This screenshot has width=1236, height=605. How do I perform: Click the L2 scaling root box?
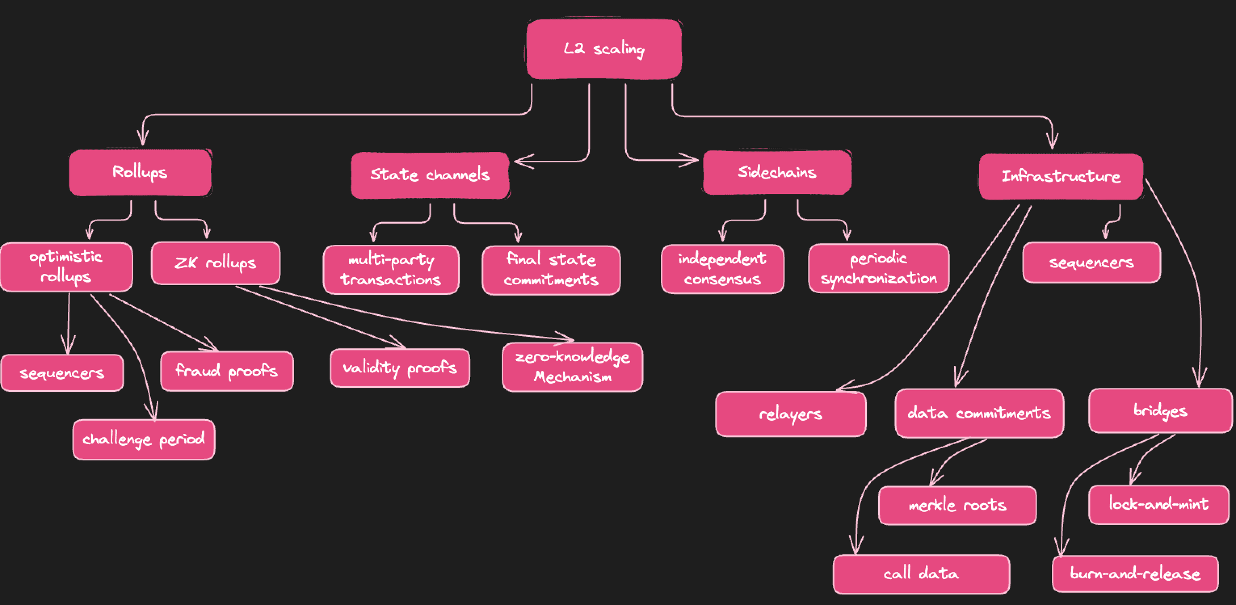click(603, 49)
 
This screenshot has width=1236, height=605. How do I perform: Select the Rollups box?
click(140, 172)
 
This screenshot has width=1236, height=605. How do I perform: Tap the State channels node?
click(430, 174)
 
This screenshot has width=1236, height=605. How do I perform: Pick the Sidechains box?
click(777, 172)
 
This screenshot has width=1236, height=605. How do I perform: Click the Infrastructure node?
click(1060, 176)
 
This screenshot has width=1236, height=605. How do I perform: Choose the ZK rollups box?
click(215, 263)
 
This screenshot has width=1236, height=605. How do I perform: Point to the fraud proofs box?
click(227, 371)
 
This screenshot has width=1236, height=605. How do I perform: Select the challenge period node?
click(143, 439)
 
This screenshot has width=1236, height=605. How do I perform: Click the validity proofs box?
click(400, 368)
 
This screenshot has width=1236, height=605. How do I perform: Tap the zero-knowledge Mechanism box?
click(572, 367)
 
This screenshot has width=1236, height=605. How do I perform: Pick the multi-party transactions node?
click(391, 269)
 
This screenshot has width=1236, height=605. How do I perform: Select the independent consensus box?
click(722, 269)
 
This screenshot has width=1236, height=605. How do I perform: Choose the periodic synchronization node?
click(879, 268)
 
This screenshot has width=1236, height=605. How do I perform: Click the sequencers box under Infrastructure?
click(1091, 263)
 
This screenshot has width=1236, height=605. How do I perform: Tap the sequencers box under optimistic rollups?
click(62, 373)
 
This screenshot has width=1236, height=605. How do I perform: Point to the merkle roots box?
click(957, 505)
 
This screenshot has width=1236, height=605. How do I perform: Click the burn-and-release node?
click(1135, 574)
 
